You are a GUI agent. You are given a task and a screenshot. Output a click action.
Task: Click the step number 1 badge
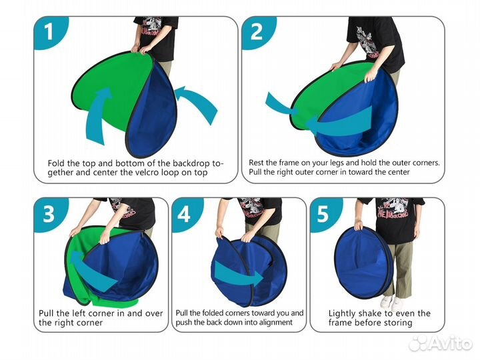[x=49, y=32]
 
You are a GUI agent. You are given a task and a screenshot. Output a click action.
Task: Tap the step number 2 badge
[x=257, y=32]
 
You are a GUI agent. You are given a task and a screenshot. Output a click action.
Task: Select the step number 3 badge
[x=49, y=214]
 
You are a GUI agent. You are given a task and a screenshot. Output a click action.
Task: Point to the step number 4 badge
[x=185, y=214]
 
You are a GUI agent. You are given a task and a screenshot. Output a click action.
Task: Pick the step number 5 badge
[x=323, y=214]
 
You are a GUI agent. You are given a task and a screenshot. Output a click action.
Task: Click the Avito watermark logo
[x=441, y=343]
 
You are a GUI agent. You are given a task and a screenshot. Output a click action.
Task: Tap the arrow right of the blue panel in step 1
[x=195, y=101]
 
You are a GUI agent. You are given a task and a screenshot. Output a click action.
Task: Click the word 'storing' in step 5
[x=397, y=323]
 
